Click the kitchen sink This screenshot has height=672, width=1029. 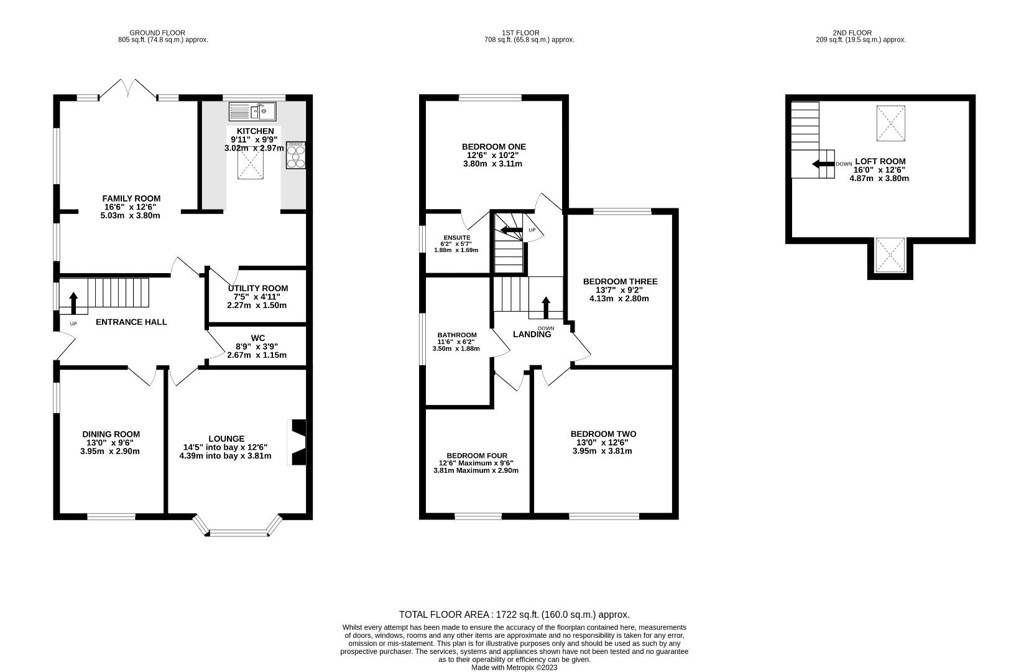(x=252, y=111)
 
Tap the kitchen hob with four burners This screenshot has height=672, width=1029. (x=296, y=156)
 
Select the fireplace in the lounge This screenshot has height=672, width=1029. (x=297, y=442)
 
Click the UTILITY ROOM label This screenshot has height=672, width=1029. (x=258, y=288)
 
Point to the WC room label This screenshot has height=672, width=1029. (x=258, y=338)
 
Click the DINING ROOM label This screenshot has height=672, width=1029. (x=111, y=434)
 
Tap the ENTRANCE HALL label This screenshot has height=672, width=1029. (x=131, y=322)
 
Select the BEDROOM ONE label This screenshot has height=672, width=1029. (x=494, y=147)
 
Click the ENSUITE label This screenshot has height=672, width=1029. (x=457, y=238)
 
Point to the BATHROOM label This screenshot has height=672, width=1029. (x=457, y=335)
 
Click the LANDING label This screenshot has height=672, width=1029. (x=532, y=334)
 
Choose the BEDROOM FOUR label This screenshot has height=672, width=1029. (x=477, y=455)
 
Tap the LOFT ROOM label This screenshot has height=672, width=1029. (x=880, y=161)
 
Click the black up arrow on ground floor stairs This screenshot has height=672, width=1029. (x=73, y=303)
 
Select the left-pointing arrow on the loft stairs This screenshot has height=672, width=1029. (x=823, y=164)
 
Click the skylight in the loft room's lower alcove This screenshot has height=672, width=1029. (x=890, y=255)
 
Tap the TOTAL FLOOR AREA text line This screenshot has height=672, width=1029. (x=514, y=615)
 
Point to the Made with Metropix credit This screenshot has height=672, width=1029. (x=514, y=668)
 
